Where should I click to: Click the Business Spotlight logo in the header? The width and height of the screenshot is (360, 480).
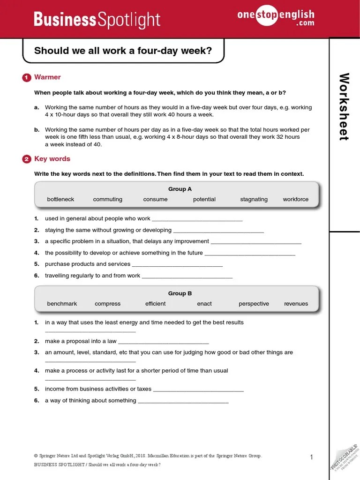pyautogui.click(x=97, y=20)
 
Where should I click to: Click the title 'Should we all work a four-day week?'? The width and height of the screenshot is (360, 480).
pyautogui.click(x=123, y=50)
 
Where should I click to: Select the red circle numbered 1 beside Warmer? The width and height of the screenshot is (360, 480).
pyautogui.click(x=27, y=78)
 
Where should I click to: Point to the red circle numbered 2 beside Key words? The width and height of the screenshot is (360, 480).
pyautogui.click(x=27, y=159)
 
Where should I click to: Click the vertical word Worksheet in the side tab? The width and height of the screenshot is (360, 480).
pyautogui.click(x=345, y=106)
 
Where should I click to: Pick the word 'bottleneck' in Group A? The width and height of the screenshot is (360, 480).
pyautogui.click(x=60, y=199)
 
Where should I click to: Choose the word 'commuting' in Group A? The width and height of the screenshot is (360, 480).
pyautogui.click(x=107, y=199)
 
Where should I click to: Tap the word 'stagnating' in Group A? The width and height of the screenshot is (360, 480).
pyautogui.click(x=254, y=199)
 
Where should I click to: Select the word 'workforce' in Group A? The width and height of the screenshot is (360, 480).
pyautogui.click(x=296, y=199)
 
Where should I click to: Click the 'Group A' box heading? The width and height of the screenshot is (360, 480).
pyautogui.click(x=180, y=189)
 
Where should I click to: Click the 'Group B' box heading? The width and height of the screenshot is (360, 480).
pyautogui.click(x=180, y=293)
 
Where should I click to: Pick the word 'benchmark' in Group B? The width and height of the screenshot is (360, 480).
pyautogui.click(x=62, y=304)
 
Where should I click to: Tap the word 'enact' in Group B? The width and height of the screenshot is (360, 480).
pyautogui.click(x=204, y=304)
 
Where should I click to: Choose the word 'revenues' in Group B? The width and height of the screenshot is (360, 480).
pyautogui.click(x=296, y=304)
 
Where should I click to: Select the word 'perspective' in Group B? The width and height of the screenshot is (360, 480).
pyautogui.click(x=254, y=304)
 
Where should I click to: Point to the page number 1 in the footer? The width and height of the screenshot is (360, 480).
pyautogui.click(x=311, y=457)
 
